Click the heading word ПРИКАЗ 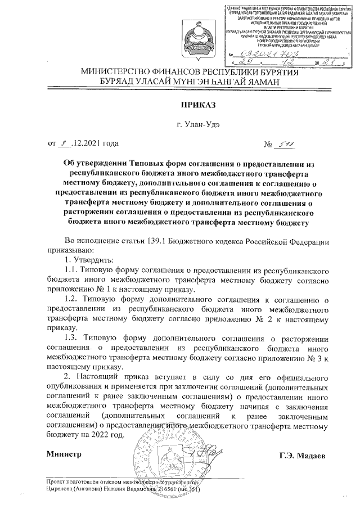click(182, 104)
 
